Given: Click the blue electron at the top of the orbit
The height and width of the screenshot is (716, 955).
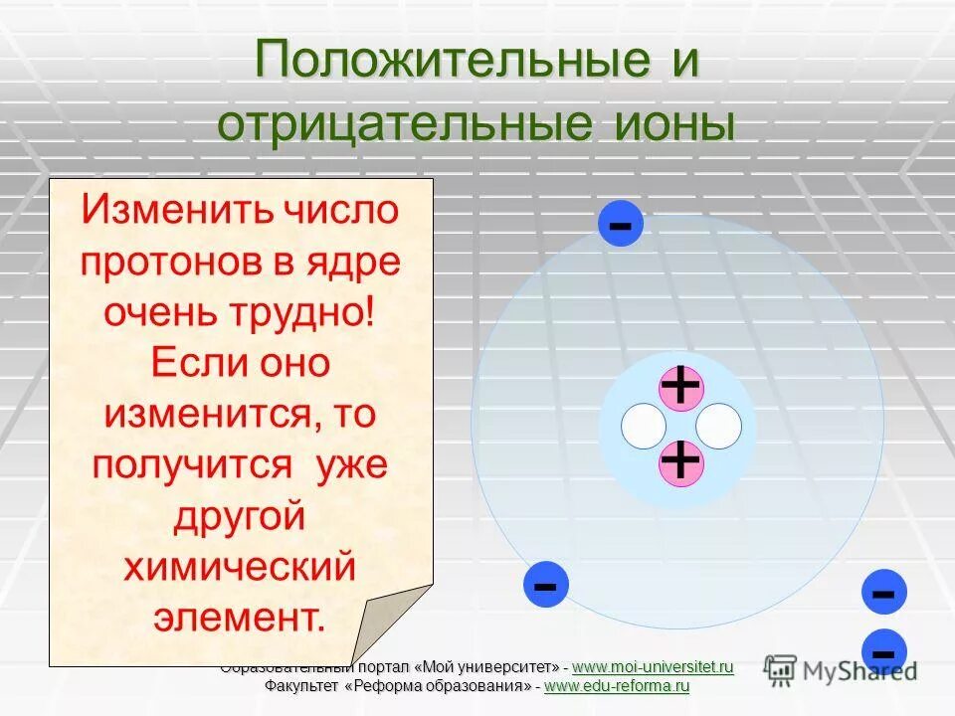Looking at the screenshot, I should [620, 224].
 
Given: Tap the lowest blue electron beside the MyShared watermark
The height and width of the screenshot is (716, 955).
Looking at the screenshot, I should [883, 652].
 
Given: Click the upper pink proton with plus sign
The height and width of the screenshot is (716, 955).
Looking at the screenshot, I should [680, 387].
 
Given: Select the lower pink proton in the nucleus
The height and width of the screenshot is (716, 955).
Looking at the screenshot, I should [680, 462].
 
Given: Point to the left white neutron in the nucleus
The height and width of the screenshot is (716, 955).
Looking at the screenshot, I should [644, 426].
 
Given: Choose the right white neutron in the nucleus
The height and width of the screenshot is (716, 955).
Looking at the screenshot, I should [718, 426].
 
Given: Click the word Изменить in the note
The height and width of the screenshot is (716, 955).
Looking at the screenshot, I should [178, 211].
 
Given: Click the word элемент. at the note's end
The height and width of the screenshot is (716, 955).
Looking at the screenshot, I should [239, 618].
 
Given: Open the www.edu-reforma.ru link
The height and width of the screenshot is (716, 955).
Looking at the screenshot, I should [617, 686].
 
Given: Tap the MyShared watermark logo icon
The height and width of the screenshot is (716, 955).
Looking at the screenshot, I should [781, 668].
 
